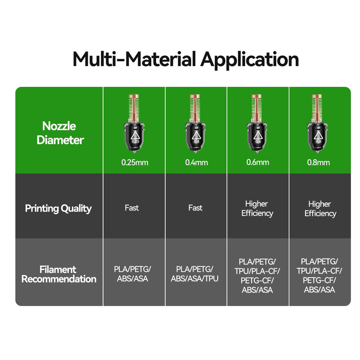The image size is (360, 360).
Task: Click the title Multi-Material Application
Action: point(185,59)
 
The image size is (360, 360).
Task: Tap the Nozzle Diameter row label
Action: point(60,133)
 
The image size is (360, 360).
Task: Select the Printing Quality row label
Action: point(58,208)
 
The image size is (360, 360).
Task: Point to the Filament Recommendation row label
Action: point(59,274)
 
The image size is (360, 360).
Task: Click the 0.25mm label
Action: point(135,162)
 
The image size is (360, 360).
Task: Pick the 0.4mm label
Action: point(197,162)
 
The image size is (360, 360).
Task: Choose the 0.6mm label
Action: point(257,162)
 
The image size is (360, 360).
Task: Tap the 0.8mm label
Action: point(319,162)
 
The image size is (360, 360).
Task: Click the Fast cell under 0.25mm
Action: point(132,208)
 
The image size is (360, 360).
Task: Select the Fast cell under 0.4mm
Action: point(195,208)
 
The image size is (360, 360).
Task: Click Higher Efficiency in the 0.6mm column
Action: point(257,208)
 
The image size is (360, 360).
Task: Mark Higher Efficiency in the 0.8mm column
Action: point(320,209)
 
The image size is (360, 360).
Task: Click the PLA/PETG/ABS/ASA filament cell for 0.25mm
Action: point(132,274)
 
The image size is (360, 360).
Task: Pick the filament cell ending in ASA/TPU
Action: point(195,274)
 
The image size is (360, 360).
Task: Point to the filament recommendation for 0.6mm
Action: point(257,276)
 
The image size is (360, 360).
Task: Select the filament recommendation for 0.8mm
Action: point(319,275)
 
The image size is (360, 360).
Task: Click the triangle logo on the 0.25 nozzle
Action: point(135,135)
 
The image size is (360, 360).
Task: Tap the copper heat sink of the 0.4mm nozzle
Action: point(195,108)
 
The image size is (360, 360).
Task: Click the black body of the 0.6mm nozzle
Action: point(257,137)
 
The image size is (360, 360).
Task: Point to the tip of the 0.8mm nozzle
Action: point(318,152)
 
